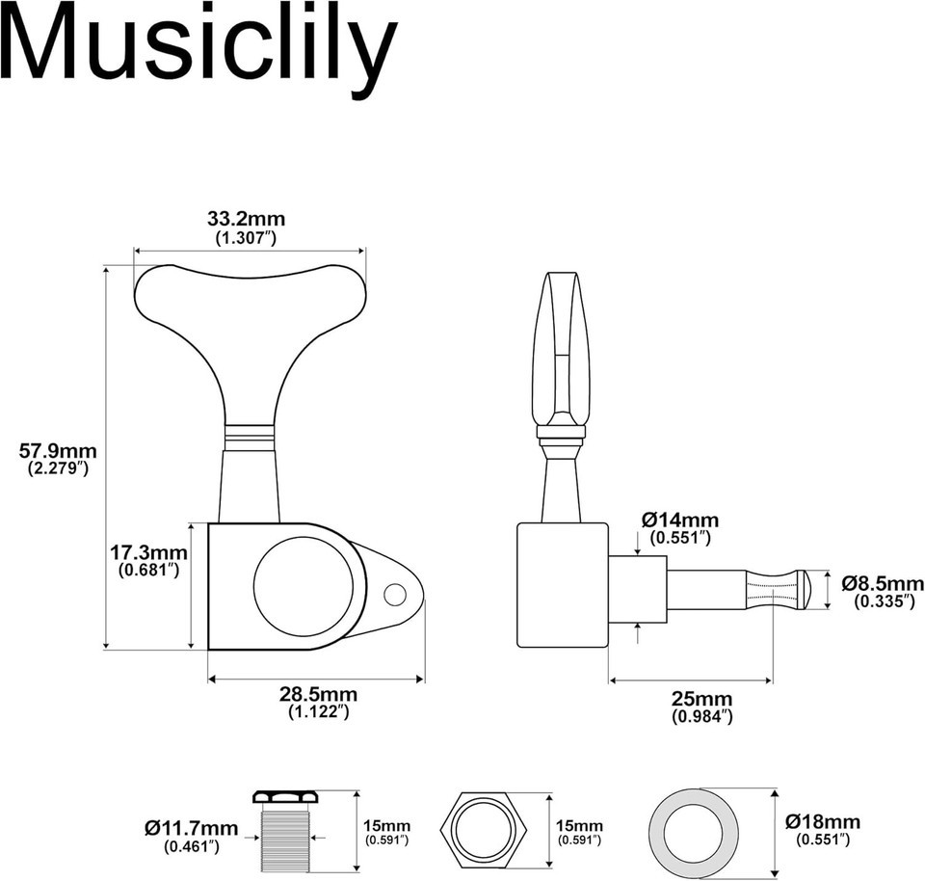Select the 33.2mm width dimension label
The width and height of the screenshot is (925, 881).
point(246,219)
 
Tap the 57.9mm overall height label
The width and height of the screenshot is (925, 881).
point(58,451)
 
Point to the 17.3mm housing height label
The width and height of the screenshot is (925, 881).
point(148,553)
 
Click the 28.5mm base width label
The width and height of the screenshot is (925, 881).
point(319,694)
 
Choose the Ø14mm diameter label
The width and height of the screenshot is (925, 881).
point(680,520)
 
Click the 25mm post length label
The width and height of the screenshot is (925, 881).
point(702,699)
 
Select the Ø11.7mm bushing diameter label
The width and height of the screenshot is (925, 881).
point(191,828)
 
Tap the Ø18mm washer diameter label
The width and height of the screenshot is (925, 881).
point(823,821)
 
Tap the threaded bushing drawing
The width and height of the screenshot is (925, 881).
point(284,832)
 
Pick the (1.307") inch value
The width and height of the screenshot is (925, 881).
point(246,238)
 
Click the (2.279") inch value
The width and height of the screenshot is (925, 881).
point(58,469)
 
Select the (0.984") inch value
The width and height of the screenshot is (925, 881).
point(702,716)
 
